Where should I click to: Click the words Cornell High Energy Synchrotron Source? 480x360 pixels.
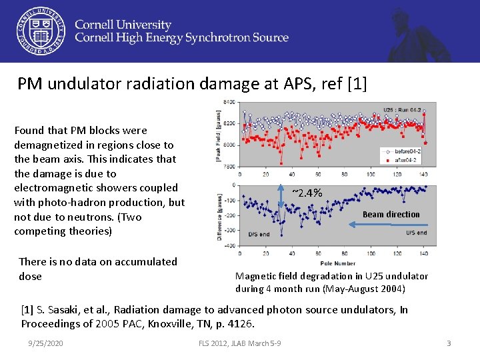click(181, 38)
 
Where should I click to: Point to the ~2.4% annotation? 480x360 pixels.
click(307, 193)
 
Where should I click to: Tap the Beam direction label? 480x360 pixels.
click(391, 214)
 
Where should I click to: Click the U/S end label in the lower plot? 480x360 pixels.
click(417, 233)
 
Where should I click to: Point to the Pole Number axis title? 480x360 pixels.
click(337, 263)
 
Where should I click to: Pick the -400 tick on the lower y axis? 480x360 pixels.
click(228, 246)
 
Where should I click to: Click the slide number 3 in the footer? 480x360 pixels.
click(449, 343)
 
